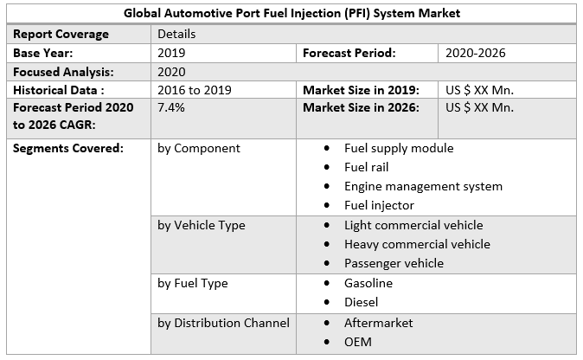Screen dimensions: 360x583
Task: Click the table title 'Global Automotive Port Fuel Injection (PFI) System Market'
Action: coord(291,13)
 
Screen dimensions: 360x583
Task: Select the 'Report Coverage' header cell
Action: coord(61,34)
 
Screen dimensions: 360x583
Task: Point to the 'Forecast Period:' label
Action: coord(349,53)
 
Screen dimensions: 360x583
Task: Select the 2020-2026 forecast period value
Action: coord(476,53)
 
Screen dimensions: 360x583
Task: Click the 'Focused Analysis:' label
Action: coord(63,72)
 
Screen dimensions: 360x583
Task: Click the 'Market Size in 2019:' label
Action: coord(361,90)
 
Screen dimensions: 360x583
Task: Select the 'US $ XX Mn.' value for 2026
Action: coord(479,108)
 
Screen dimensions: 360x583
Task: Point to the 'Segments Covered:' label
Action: coord(68,148)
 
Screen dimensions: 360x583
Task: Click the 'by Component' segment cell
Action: coord(199,148)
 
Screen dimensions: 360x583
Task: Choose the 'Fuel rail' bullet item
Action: coord(367,167)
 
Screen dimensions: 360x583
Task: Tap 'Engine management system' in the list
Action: coord(423,186)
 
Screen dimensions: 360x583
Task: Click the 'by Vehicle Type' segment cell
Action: coord(202,225)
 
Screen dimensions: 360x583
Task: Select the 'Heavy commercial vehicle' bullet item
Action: coord(417,244)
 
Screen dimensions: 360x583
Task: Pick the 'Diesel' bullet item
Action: coord(361,302)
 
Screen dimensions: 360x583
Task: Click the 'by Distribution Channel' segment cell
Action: coord(223,323)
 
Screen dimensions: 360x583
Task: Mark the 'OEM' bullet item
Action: coord(358,342)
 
